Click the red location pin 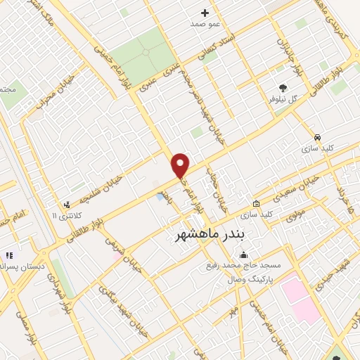[181, 165]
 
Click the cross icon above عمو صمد [205, 13]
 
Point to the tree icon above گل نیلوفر [283, 89]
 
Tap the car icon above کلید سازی [318, 137]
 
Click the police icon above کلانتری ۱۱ [67, 205]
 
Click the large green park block [142, 52]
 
